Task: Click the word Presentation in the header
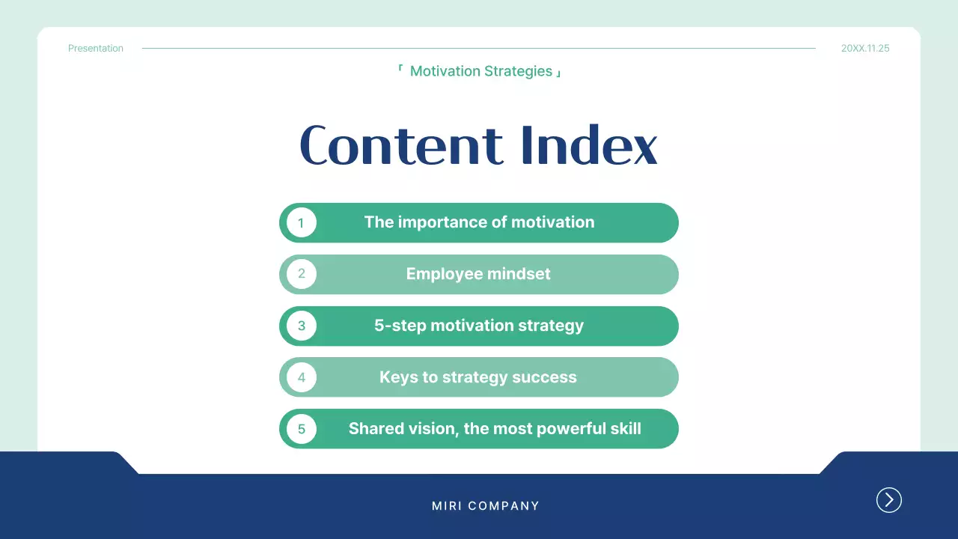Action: (96, 49)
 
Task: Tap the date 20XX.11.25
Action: (865, 49)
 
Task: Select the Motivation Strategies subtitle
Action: (481, 72)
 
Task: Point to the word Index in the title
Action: (588, 145)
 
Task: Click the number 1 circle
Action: (302, 222)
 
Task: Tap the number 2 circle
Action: (302, 274)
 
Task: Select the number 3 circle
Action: (302, 326)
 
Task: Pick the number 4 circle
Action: (302, 377)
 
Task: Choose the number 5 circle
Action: (302, 429)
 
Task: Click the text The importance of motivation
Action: (479, 222)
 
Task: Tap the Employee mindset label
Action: (478, 274)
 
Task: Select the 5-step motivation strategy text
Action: (479, 326)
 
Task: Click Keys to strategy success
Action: (478, 377)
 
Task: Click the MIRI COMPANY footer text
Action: (486, 506)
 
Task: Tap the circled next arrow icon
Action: (889, 500)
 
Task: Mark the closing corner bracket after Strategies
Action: (558, 74)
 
